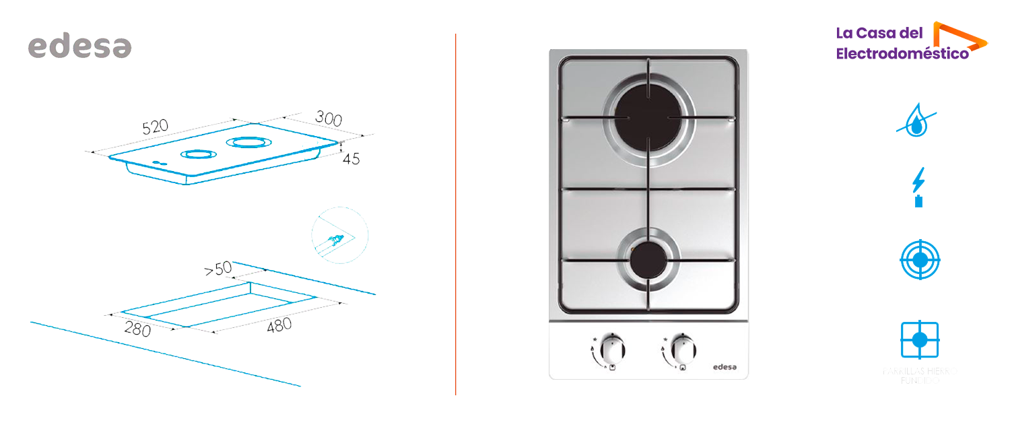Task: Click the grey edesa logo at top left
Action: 79,45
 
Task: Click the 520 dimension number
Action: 155,127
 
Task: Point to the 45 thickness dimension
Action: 351,159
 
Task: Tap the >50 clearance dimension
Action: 217,269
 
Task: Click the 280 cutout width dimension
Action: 137,329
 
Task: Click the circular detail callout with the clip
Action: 339,235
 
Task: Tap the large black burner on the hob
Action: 647,116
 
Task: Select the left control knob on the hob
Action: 611,349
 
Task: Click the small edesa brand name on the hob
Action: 725,367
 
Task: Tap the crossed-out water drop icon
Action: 916,123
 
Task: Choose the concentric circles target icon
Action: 920,260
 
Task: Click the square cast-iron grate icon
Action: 920,340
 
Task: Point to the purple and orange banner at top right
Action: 912,40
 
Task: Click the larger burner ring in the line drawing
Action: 249,142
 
